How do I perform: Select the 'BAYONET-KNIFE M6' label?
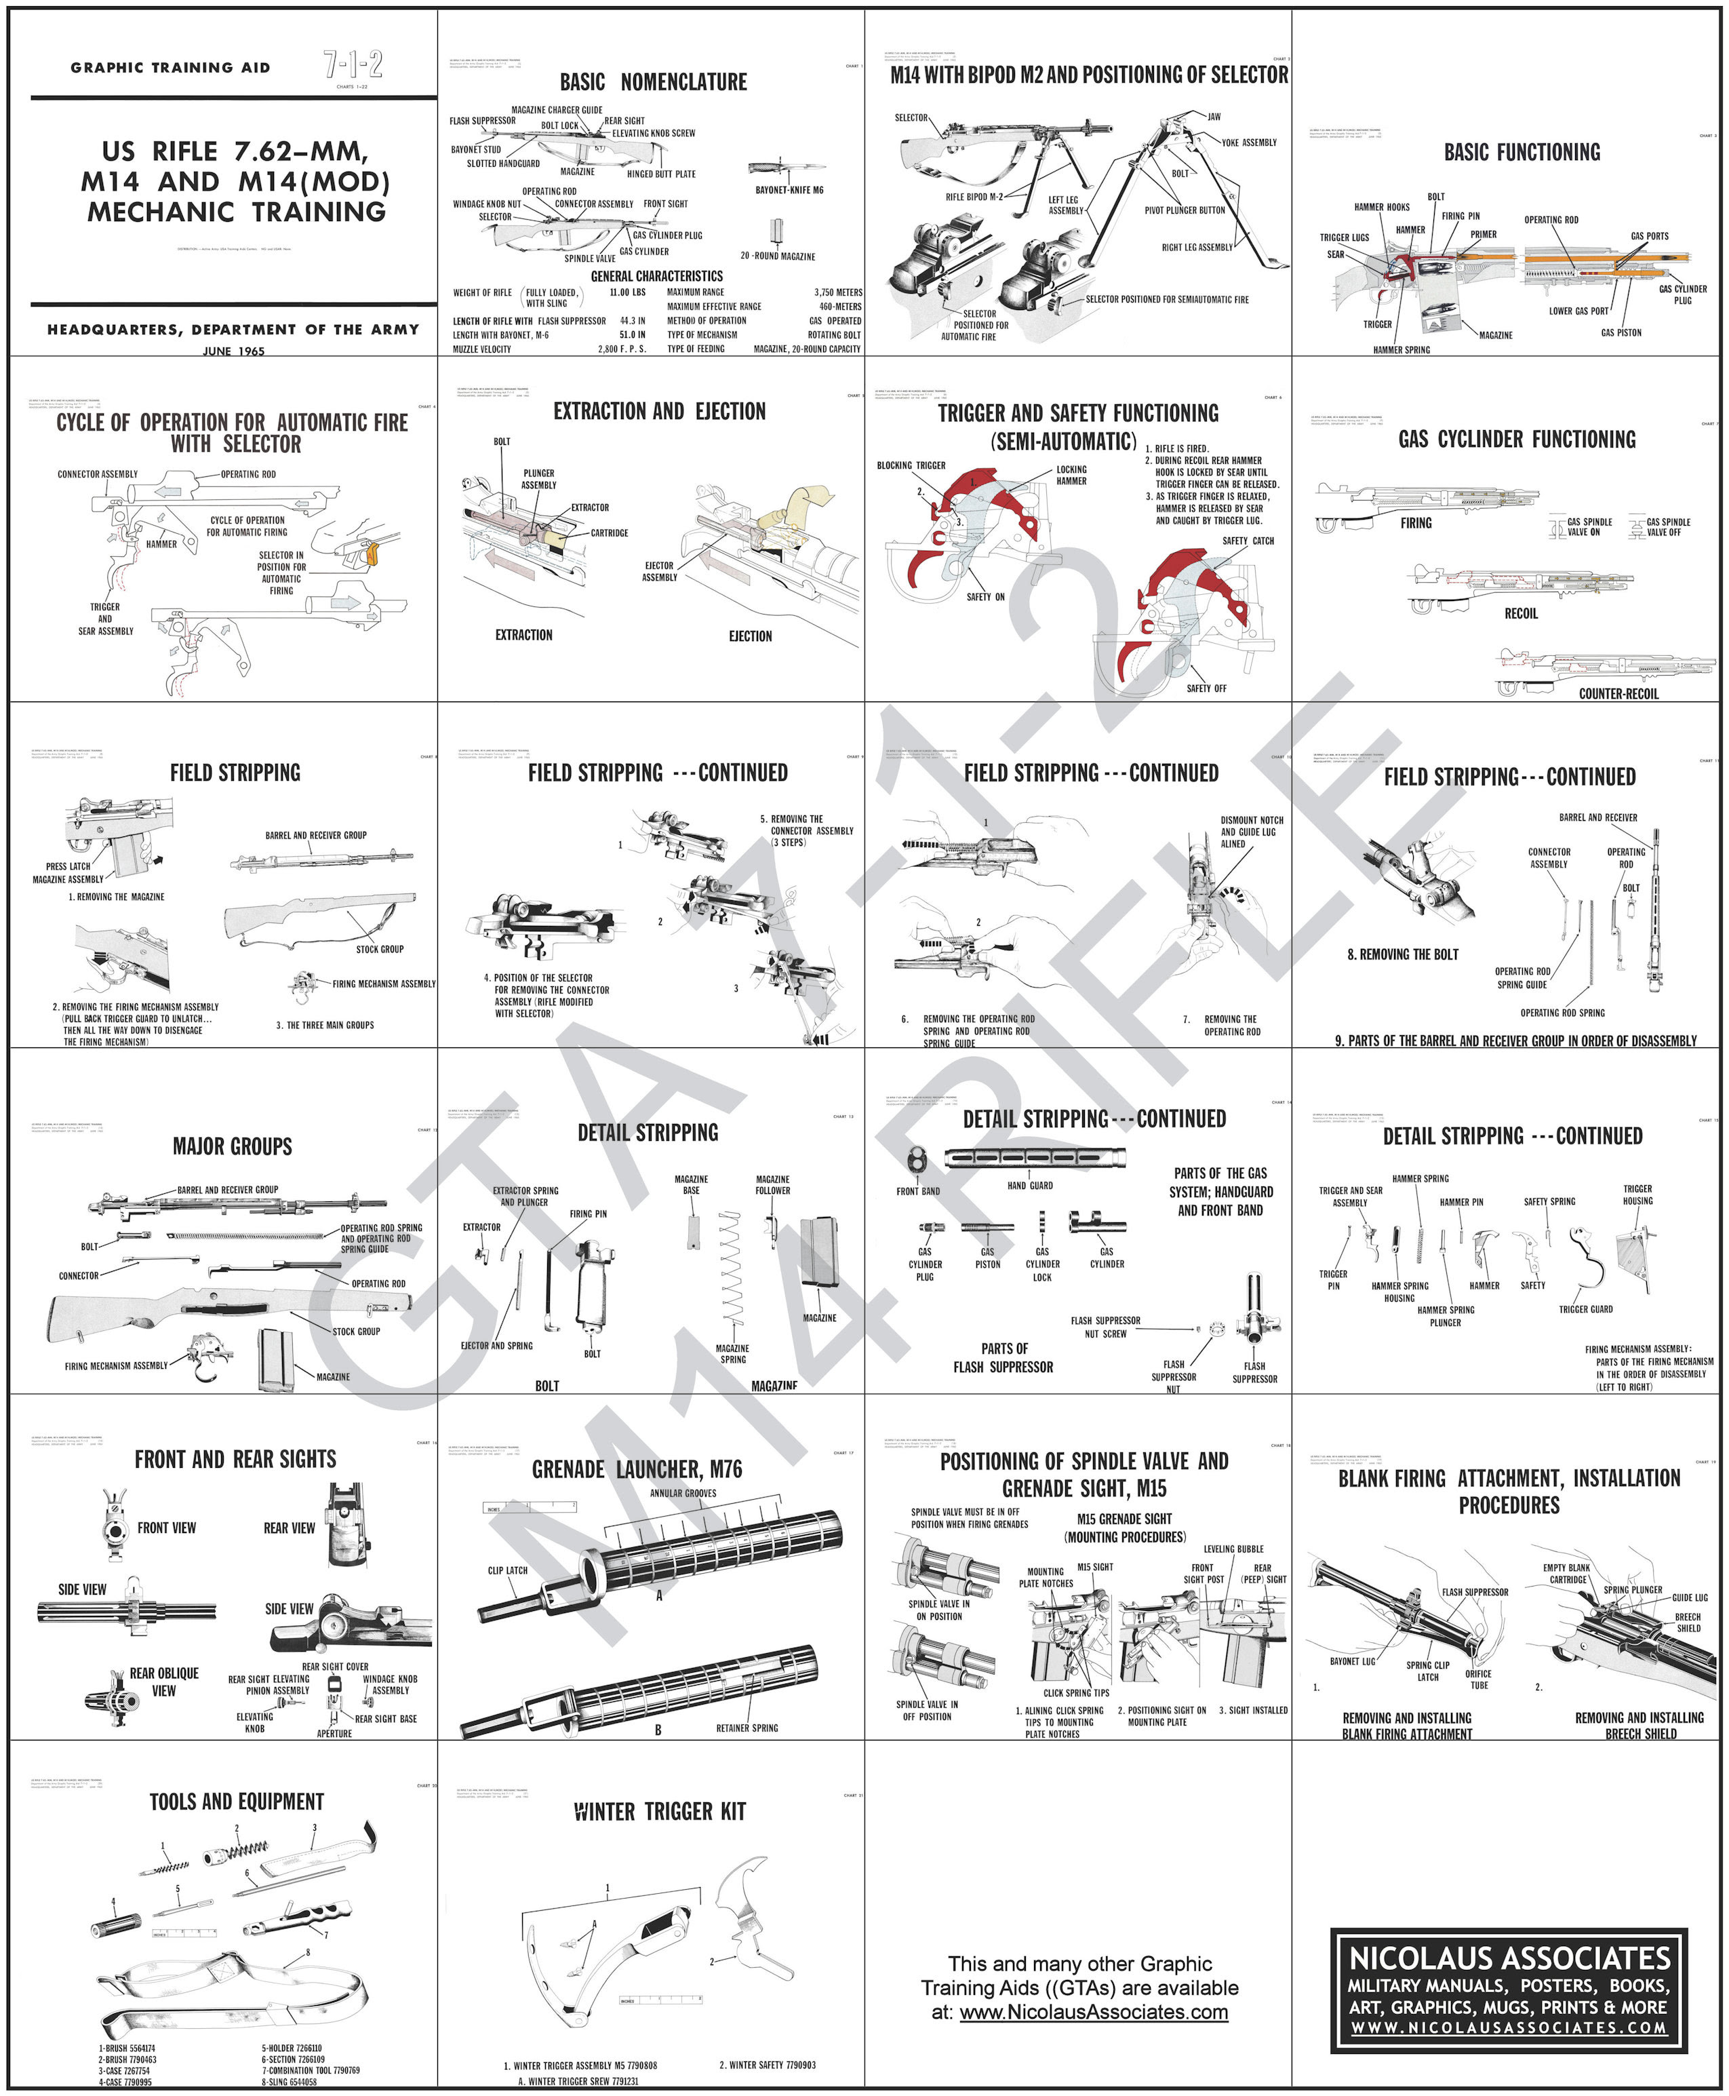(789, 189)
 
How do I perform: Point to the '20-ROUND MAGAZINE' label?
(777, 256)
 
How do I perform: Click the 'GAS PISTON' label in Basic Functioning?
(1621, 333)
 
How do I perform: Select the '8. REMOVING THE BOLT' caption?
(1402, 954)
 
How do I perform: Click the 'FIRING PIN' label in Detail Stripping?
(588, 1214)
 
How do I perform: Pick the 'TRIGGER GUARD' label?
(1585, 1309)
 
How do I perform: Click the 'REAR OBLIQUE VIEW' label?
(164, 1682)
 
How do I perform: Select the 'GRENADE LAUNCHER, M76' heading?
(637, 1469)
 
